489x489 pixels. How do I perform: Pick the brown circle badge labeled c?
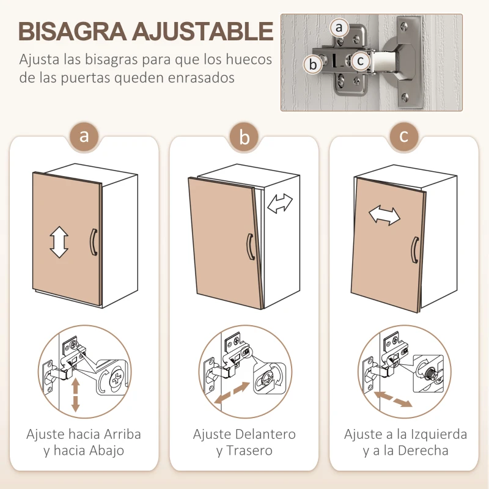click(x=404, y=136)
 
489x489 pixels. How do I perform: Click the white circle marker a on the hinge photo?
click(x=340, y=28)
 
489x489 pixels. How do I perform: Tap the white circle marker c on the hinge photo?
click(x=361, y=61)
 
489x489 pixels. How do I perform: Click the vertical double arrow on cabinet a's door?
click(x=59, y=241)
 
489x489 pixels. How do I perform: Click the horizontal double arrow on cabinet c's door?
click(x=383, y=215)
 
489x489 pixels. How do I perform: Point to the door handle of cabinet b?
click(x=251, y=247)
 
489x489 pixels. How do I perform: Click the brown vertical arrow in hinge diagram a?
click(x=76, y=394)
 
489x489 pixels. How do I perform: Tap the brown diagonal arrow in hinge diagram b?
click(x=232, y=392)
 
